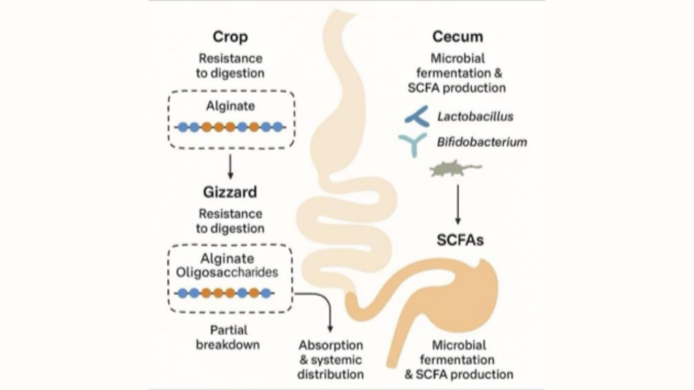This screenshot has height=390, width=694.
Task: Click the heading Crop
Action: (x=230, y=37)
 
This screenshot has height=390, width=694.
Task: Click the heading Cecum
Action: (x=458, y=37)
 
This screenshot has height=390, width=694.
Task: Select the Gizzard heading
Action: (x=230, y=192)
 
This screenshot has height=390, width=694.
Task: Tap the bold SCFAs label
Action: (x=460, y=240)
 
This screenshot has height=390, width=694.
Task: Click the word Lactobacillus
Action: (x=475, y=116)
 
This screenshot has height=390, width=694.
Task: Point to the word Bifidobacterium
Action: (x=481, y=142)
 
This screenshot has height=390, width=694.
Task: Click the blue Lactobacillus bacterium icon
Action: (x=417, y=116)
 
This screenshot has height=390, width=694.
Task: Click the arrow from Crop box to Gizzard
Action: (x=230, y=166)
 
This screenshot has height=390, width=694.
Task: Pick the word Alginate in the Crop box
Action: (x=230, y=106)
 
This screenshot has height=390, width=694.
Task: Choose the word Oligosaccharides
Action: (x=230, y=272)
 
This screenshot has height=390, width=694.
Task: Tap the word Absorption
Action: (x=331, y=345)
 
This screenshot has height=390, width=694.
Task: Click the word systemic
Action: (x=341, y=360)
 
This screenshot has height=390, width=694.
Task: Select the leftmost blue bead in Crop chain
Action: (x=183, y=127)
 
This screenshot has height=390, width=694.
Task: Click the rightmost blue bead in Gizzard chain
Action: (x=266, y=293)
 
